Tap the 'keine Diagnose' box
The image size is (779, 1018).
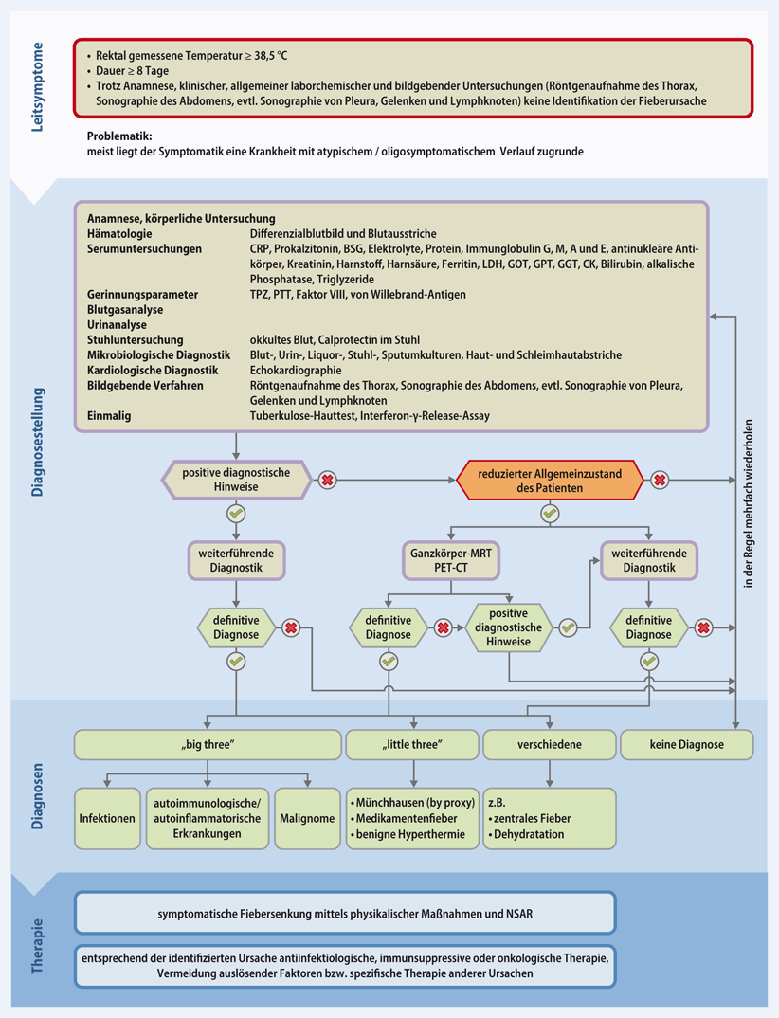click(686, 744)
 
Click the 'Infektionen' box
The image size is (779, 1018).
click(106, 817)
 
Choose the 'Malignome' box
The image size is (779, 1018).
click(305, 817)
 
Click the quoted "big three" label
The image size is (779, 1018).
click(207, 744)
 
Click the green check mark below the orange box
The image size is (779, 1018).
click(549, 513)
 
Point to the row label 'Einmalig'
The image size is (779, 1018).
click(109, 415)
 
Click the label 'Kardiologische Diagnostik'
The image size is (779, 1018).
click(153, 370)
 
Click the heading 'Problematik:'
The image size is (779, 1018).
click(118, 136)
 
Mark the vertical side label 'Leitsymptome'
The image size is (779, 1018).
click(37, 86)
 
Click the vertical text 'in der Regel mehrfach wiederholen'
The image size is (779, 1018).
click(747, 502)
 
